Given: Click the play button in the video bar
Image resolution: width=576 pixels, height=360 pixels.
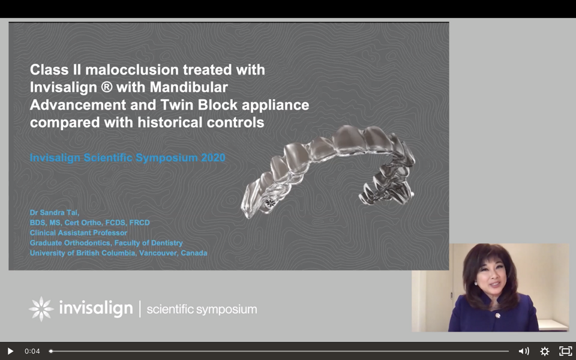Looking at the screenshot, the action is tap(10, 351).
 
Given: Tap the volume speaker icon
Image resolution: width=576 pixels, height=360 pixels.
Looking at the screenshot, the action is tap(523, 351).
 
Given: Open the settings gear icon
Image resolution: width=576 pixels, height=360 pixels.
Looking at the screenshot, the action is tap(544, 351).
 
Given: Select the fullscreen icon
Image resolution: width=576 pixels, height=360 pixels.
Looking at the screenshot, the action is tap(565, 351).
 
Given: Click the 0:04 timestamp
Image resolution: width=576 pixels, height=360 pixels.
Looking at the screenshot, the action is tap(32, 351).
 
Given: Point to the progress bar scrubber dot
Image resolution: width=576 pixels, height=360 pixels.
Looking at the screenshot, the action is tap(50, 351).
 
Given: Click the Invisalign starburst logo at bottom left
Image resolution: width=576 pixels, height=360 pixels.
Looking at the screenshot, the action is tap(41, 309).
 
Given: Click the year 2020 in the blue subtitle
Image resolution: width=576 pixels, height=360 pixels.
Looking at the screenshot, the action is tap(213, 158).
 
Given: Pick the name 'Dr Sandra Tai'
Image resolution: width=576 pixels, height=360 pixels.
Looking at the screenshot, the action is tap(55, 212).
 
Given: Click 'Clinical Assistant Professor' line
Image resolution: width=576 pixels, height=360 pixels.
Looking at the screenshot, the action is tap(79, 233).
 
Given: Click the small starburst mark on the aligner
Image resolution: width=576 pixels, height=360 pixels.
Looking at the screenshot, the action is tap(271, 202).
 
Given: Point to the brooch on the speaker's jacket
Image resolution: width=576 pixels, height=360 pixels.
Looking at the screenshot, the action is tap(498, 315).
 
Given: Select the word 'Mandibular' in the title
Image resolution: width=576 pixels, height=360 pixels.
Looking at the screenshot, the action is tap(189, 88).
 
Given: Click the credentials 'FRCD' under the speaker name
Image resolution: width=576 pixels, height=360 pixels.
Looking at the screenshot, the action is tap(140, 223).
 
